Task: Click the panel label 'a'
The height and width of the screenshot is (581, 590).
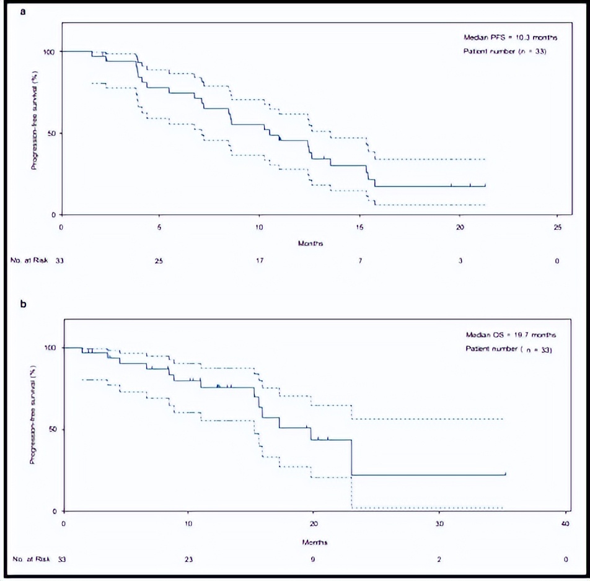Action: pos(23,11)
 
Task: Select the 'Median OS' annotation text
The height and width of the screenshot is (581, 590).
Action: pos(511,335)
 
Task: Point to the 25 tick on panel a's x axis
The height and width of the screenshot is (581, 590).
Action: pos(557,227)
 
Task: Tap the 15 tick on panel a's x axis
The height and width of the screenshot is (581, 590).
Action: pos(360,227)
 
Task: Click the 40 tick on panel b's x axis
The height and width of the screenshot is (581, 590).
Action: pos(565,523)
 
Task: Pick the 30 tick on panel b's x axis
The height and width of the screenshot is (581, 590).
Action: pos(439,523)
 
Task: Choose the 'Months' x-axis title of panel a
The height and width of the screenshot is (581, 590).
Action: pos(310,243)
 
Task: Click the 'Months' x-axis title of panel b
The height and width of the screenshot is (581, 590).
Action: pos(315,541)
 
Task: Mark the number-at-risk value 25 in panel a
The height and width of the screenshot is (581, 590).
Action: pos(159,261)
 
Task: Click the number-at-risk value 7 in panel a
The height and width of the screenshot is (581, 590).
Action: pos(359,261)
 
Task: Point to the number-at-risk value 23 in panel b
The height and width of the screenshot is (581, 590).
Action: pos(188,559)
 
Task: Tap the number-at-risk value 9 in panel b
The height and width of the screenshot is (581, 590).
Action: pos(314,559)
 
